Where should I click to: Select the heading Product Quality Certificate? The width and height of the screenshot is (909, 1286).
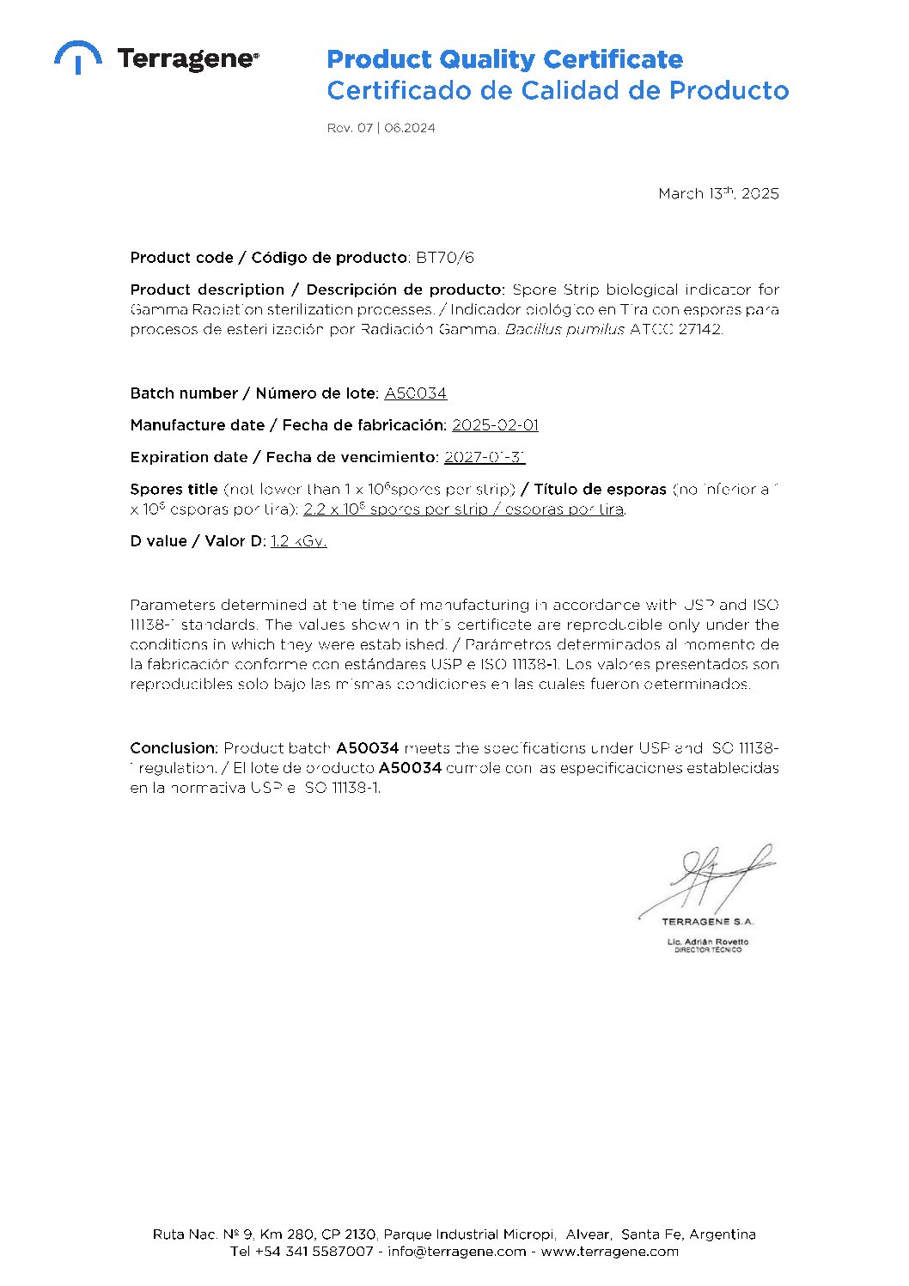[x=504, y=59]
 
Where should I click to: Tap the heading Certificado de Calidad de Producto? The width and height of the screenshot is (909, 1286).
[x=557, y=90]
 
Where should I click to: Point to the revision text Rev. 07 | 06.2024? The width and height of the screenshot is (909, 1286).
[x=381, y=128]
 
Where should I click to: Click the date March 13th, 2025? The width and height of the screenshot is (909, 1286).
[x=718, y=193]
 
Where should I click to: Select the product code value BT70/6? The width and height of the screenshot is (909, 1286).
[x=444, y=258]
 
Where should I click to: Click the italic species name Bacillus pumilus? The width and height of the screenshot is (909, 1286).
[x=564, y=329]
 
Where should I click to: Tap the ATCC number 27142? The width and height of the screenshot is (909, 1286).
[x=699, y=329]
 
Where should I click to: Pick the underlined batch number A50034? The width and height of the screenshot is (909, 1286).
[x=415, y=393]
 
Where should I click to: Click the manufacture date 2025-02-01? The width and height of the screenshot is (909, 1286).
[x=495, y=425]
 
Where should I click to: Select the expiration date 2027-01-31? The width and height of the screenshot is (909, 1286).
[x=484, y=457]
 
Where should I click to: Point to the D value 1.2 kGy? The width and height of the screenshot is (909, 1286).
[x=298, y=541]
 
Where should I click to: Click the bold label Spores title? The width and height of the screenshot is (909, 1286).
[x=174, y=489]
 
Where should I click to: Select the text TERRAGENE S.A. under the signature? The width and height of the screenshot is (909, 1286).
[x=707, y=922]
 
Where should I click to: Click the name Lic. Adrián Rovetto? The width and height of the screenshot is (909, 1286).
[x=707, y=942]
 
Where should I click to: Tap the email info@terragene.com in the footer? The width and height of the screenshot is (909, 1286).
[x=456, y=1252]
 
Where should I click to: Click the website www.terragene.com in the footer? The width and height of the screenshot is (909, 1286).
[x=609, y=1252]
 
